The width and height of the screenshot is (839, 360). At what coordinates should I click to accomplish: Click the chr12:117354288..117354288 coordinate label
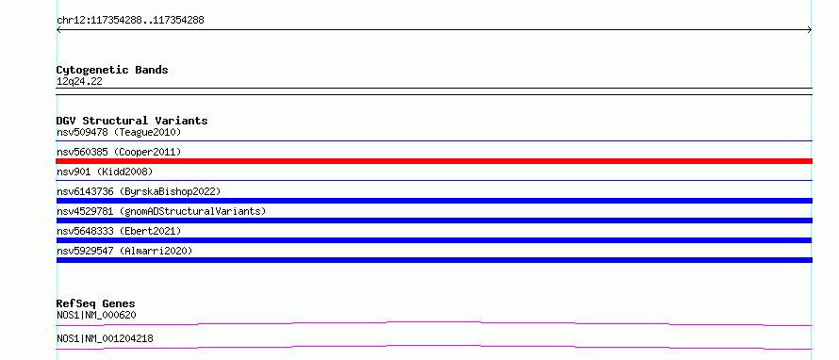[130, 21]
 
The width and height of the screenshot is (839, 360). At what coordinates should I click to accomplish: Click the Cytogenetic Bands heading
[112, 70]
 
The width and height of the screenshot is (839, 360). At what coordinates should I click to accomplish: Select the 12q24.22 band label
[79, 82]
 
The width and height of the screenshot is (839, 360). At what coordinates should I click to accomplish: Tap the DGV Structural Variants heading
[132, 121]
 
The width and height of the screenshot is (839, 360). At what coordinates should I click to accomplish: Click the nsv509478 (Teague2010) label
[119, 132]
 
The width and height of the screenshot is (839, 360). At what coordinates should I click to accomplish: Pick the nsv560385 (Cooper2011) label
[119, 152]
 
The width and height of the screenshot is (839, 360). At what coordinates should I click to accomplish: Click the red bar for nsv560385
[434, 161]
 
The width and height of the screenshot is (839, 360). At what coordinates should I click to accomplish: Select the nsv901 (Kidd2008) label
[105, 172]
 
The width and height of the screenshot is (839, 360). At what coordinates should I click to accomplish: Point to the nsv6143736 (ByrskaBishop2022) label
[139, 191]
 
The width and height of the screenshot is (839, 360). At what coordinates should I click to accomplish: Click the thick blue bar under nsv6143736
[434, 201]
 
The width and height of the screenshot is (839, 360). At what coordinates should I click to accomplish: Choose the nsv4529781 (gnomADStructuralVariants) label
[161, 211]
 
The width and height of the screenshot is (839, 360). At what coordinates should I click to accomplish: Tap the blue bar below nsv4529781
[434, 221]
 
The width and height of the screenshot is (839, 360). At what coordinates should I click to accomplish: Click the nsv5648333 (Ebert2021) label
[119, 231]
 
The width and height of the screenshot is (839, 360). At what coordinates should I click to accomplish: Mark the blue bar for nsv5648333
[434, 240]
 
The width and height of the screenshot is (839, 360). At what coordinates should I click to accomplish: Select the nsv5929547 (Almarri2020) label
[124, 251]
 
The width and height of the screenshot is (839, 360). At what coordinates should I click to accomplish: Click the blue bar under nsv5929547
[434, 260]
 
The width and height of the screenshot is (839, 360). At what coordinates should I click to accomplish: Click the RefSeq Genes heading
[96, 303]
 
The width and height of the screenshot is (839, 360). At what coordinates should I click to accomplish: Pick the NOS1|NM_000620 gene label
[96, 316]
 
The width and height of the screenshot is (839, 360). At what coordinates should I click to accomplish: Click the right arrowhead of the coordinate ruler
[811, 30]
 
